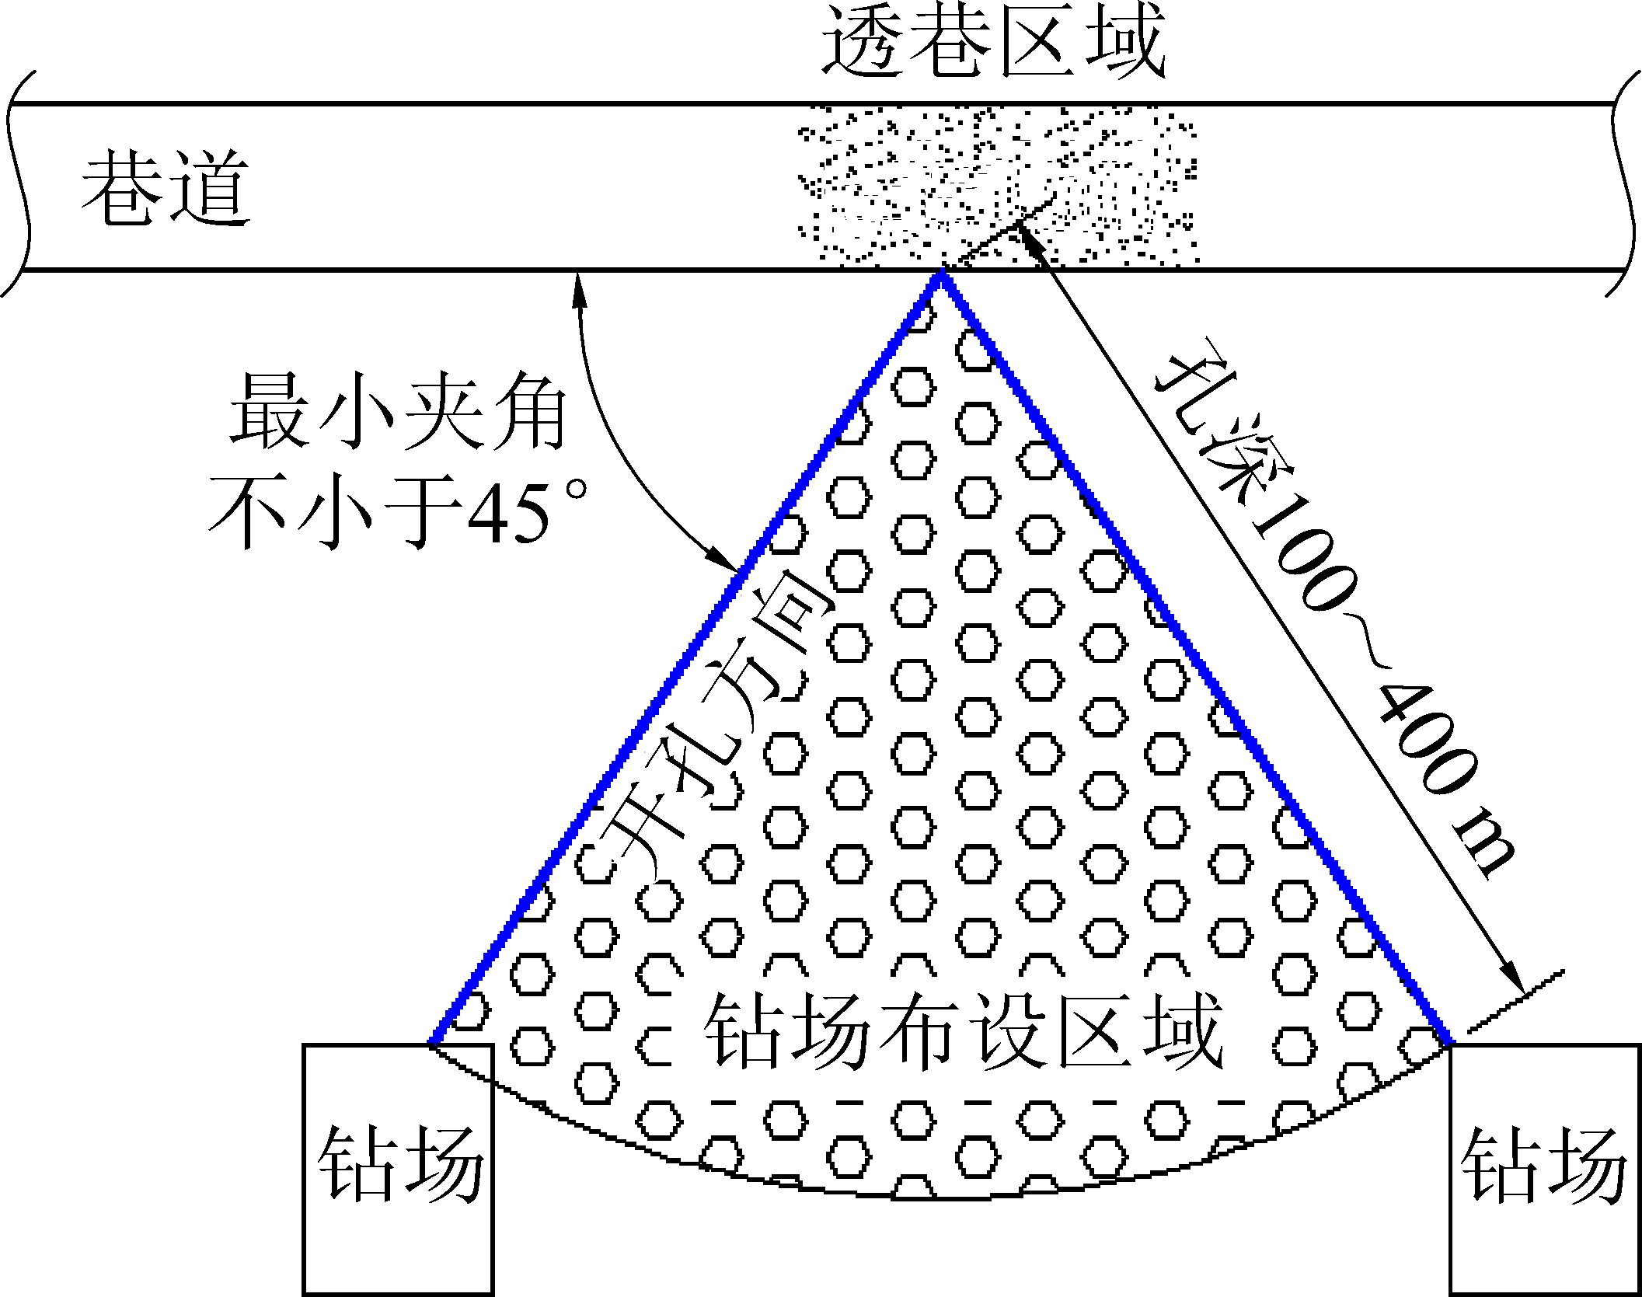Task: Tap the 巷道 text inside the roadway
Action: tap(166, 188)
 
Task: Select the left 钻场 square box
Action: tap(398, 1169)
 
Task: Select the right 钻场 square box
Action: tap(1545, 1169)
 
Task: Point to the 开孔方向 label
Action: tap(711, 730)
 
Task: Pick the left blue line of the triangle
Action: tap(684, 661)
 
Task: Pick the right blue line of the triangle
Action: tap(1197, 661)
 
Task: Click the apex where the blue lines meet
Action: tap(941, 274)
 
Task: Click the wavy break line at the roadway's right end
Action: tap(1626, 187)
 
